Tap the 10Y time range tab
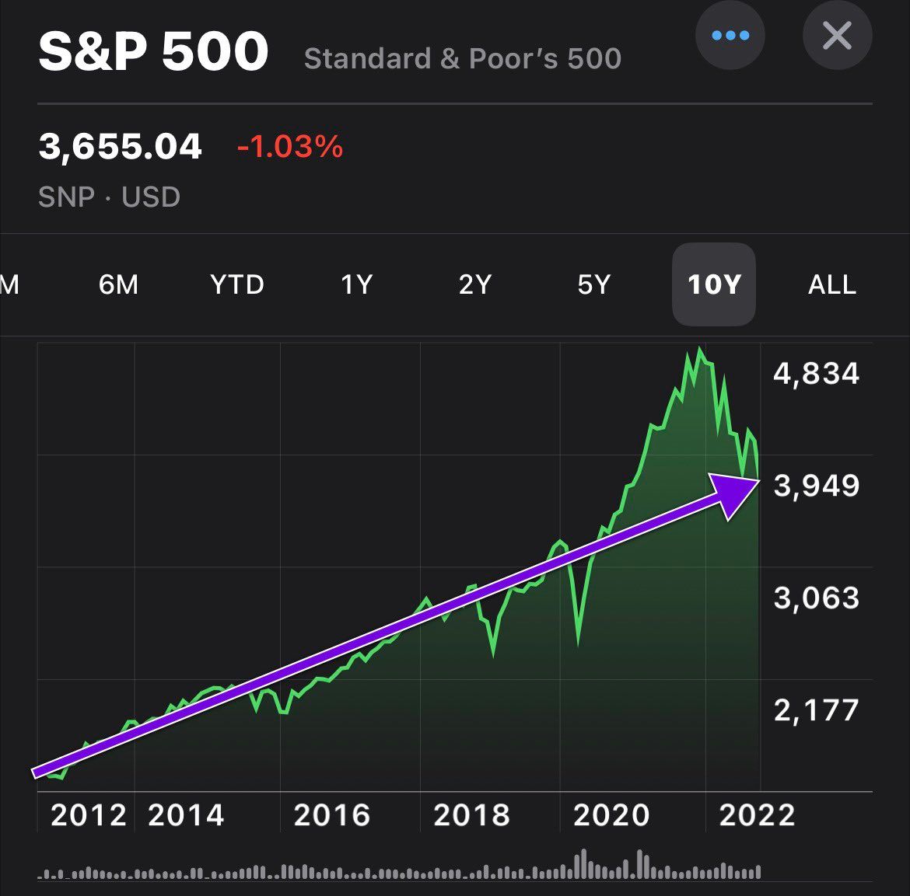pos(713,284)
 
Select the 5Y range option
pos(594,284)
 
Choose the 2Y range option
pos(475,284)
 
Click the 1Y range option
pos(357,284)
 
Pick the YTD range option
pos(237,284)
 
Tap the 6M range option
pos(118,284)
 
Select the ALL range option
pos(832,284)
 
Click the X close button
pos(837,36)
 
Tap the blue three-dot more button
pos(730,36)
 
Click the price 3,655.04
pos(121,146)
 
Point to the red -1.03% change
pos(290,146)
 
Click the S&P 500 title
pos(153,53)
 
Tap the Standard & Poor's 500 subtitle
pos(463,58)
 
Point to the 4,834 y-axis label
pos(816,374)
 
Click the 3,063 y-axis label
pos(816,598)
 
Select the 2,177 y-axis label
pos(816,709)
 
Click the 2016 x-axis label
pos(332,815)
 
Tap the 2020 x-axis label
pos(611,815)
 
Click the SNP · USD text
pos(110,197)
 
